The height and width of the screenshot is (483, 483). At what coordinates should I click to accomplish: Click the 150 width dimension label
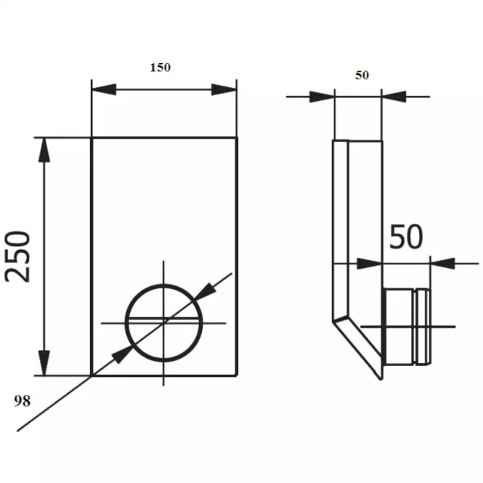coord(161,68)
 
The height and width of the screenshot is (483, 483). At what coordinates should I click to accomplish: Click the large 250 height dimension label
coord(17,256)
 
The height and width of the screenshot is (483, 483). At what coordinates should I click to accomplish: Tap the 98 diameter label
coord(23,401)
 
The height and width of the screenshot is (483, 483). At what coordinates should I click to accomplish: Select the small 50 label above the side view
coord(362,75)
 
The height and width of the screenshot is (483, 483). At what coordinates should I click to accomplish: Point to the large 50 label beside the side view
coord(406,237)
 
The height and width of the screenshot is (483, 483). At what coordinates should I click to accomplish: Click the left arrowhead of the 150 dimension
coord(104,89)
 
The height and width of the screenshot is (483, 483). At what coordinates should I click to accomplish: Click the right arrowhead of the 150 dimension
coord(224,89)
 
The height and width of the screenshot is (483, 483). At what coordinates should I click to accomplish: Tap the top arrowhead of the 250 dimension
coord(44,150)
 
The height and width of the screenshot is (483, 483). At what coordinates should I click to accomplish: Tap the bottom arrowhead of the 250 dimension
coord(44,363)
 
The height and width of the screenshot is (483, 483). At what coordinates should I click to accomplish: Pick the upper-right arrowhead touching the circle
coord(205,291)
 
